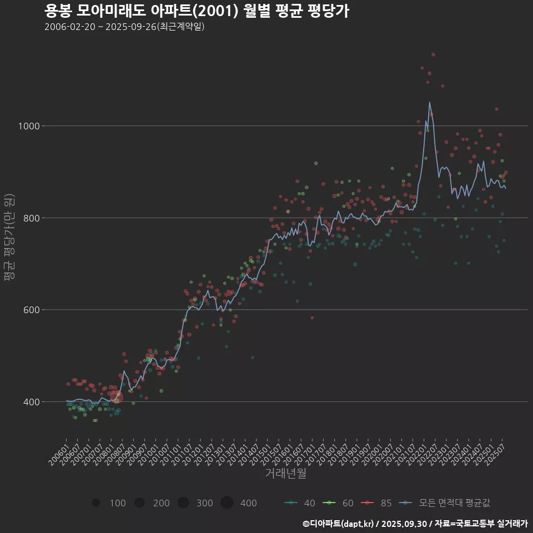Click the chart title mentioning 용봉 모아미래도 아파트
click(197, 11)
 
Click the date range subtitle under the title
click(124, 27)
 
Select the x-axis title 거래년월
click(285, 473)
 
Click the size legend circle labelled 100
click(96, 503)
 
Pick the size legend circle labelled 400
click(227, 503)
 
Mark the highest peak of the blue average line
click(429, 102)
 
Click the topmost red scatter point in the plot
click(433, 54)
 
